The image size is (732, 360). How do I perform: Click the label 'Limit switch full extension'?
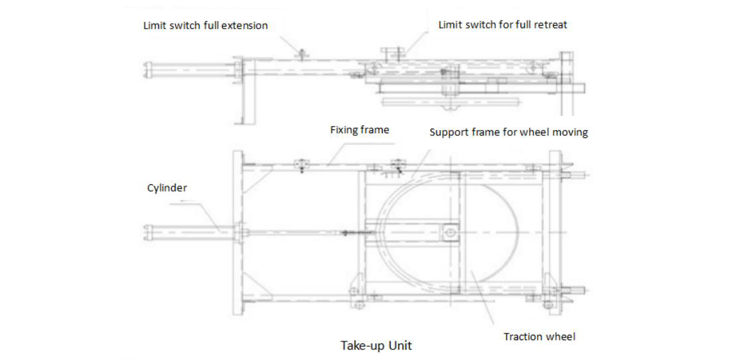tap(206, 26)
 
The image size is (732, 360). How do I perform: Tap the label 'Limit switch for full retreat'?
tap(503, 25)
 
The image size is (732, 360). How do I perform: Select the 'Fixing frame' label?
tap(359, 130)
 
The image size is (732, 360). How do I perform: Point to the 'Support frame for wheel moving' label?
tap(509, 132)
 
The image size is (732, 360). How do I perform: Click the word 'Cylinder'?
tap(167, 188)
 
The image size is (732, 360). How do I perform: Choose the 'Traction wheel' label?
tap(539, 337)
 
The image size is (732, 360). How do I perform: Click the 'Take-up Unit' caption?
tap(375, 345)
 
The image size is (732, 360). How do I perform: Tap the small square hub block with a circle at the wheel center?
tap(450, 231)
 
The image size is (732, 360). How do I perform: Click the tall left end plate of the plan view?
tap(237, 232)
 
